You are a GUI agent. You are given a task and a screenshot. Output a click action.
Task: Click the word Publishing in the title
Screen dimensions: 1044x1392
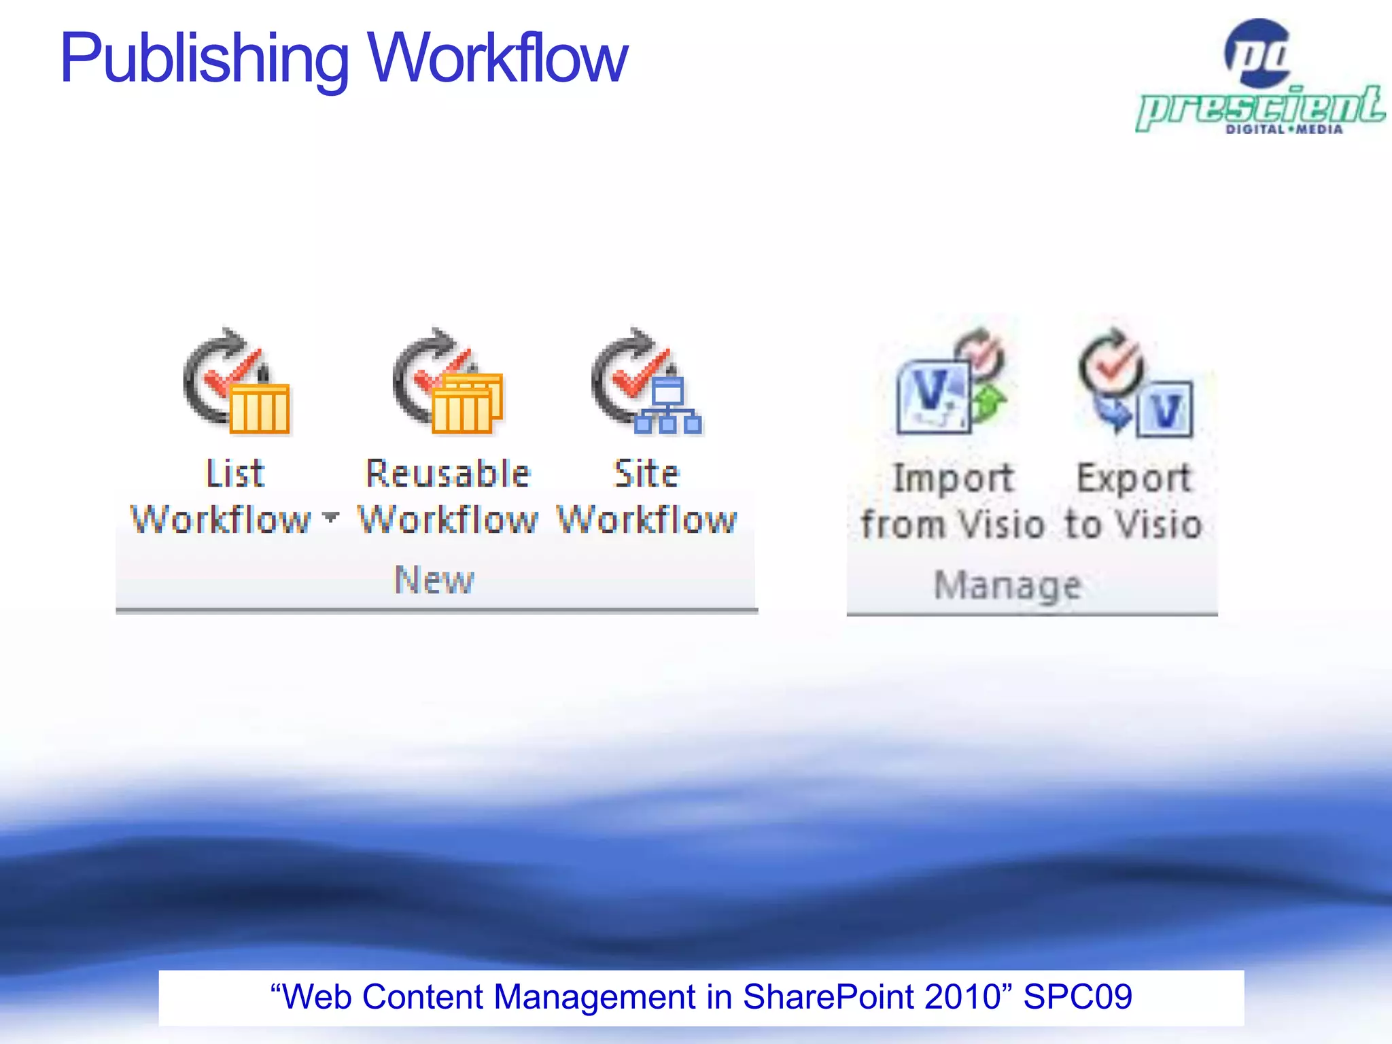[204, 60]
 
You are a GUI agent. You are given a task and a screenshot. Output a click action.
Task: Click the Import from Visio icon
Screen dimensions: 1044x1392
[952, 383]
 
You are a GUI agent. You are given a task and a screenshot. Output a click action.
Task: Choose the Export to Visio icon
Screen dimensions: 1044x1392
[1135, 383]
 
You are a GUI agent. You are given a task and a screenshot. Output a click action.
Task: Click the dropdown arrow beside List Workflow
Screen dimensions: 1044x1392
[330, 518]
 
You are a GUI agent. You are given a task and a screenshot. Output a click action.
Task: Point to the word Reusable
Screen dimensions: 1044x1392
[448, 474]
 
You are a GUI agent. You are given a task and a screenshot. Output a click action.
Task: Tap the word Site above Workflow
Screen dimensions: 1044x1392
[646, 474]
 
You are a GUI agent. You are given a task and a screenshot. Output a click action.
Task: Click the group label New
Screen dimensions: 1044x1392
[434, 580]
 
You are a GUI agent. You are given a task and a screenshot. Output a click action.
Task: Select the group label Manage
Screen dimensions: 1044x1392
[1008, 585]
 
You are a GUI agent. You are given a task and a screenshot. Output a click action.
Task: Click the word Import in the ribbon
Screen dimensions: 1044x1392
[954, 478]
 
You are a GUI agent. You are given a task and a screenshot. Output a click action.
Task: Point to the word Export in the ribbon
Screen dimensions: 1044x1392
[1134, 478]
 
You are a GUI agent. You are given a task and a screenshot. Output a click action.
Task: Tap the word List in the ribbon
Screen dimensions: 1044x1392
[235, 474]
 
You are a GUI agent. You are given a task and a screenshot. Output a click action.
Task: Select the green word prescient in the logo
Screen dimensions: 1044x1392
[1261, 106]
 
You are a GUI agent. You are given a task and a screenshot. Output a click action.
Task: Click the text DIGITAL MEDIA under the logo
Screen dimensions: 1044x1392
[1284, 129]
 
